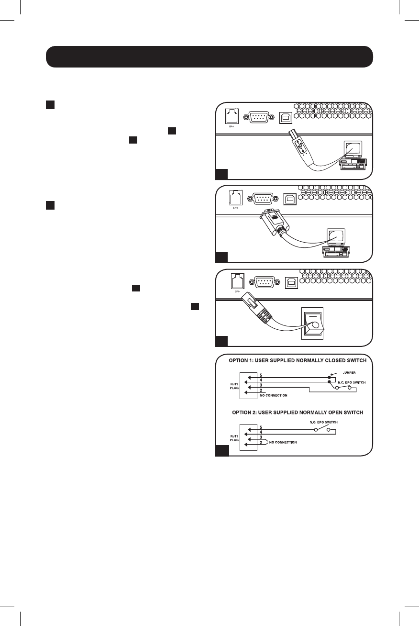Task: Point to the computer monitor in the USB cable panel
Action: coord(353,149)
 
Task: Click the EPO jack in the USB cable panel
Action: coord(232,117)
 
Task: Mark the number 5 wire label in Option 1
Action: coord(260,375)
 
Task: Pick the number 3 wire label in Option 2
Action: coord(260,437)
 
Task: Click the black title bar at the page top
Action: coord(209,57)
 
